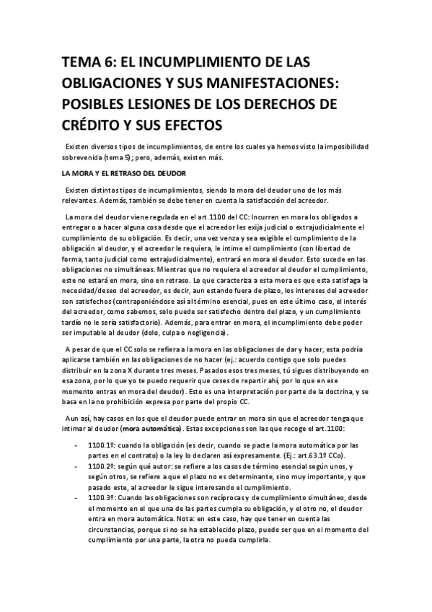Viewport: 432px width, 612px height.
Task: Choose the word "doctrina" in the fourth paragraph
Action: point(337,390)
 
